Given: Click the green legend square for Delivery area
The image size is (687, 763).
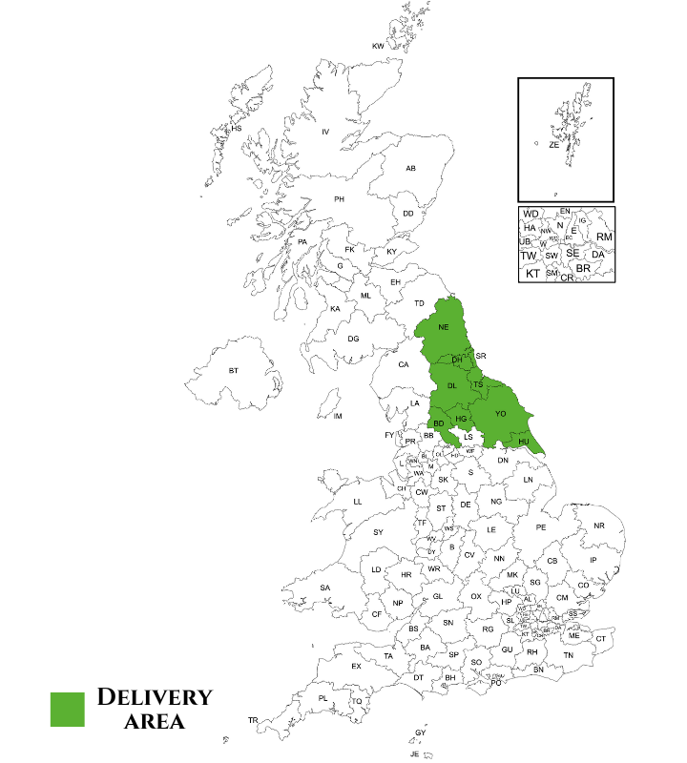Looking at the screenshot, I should coord(70,709).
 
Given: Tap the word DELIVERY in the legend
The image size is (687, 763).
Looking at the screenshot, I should coord(155,697).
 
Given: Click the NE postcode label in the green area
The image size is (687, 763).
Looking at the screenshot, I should coord(443,327).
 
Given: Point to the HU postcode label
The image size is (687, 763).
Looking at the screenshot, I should coord(523,442).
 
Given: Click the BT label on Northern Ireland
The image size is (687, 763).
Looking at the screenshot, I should coord(233,370).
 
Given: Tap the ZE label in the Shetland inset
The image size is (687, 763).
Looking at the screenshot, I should coord(553,145).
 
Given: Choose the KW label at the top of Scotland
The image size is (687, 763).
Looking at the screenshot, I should coord(378,46).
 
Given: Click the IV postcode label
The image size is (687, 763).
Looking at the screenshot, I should coord(324,132).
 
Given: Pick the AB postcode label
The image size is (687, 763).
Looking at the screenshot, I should coord(410,169).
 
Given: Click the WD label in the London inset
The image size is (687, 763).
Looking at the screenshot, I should coord(531,214).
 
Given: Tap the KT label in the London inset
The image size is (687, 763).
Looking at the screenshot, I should coord(532,274).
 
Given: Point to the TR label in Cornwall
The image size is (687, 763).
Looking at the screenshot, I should coord(253,720).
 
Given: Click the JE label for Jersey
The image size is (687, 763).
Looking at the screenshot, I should coord(415,753).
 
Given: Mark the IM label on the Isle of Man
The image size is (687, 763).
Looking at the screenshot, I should coord(337,416).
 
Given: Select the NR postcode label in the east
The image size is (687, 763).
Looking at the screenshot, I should coord(599,526).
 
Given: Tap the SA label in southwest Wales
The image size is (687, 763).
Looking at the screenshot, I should coord(325,588).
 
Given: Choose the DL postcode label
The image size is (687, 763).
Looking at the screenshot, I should coord(451,385).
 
